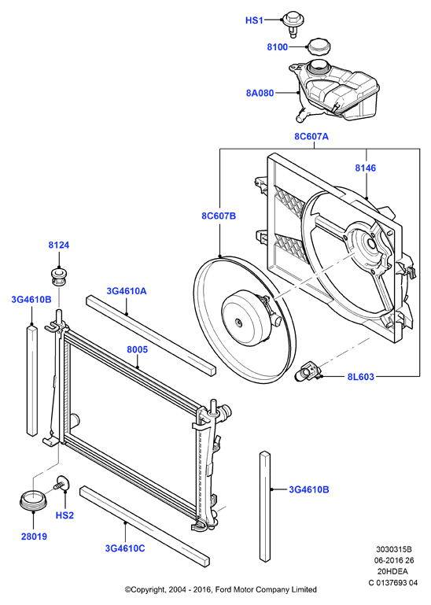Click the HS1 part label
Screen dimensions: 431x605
[254, 20]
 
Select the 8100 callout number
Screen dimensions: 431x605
[278, 47]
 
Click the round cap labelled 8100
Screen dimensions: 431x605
[319, 48]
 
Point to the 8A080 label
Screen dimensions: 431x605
[260, 93]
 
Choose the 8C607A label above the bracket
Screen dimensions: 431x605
[311, 137]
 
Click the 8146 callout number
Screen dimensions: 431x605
[366, 168]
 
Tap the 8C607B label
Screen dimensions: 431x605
[219, 216]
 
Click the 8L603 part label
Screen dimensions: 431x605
[361, 377]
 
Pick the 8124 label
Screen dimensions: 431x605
[59, 245]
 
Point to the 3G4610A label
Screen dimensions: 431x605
[127, 291]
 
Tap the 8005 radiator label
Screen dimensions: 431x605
[138, 349]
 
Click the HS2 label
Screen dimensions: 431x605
[64, 515]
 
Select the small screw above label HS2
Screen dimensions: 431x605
[61, 484]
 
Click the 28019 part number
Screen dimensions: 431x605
[34, 537]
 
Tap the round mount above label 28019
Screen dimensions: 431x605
[33, 500]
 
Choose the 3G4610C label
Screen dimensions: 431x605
[125, 548]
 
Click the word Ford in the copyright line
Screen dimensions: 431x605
[223, 589]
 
